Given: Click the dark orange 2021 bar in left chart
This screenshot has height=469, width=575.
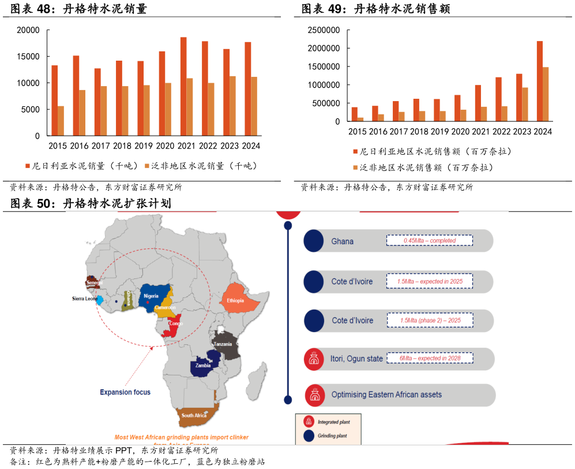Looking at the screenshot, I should pyautogui.click(x=183, y=87).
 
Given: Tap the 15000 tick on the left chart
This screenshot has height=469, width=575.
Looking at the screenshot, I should pyautogui.click(x=28, y=57).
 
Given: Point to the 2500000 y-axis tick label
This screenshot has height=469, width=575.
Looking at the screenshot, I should pyautogui.click(x=324, y=30).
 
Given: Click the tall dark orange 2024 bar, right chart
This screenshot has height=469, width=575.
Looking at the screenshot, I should pyautogui.click(x=540, y=81).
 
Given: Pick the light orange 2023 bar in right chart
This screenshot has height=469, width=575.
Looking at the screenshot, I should pyautogui.click(x=525, y=105).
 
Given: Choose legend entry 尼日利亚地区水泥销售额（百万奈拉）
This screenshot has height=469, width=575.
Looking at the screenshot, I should pyautogui.click(x=432, y=152).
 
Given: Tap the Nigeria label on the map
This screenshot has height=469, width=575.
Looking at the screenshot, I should pyautogui.click(x=151, y=296).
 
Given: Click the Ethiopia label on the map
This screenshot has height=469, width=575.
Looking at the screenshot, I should pyautogui.click(x=236, y=301).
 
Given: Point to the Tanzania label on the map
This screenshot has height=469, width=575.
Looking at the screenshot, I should pyautogui.click(x=223, y=344).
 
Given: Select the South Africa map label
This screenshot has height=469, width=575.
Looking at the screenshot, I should pyautogui.click(x=194, y=416).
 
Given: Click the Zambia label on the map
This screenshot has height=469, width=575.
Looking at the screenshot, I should pyautogui.click(x=202, y=366).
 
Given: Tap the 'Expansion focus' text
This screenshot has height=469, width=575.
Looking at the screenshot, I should pyautogui.click(x=125, y=392).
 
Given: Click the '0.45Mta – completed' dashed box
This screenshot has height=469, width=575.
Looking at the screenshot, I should pyautogui.click(x=429, y=240).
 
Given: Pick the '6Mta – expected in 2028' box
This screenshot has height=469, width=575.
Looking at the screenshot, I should pyautogui.click(x=429, y=358).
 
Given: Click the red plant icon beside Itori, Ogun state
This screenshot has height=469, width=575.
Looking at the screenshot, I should pyautogui.click(x=314, y=359).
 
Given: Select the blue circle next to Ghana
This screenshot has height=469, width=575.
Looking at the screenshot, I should pyautogui.click(x=314, y=241).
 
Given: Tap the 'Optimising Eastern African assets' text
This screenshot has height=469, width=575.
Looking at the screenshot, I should pyautogui.click(x=386, y=395).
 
